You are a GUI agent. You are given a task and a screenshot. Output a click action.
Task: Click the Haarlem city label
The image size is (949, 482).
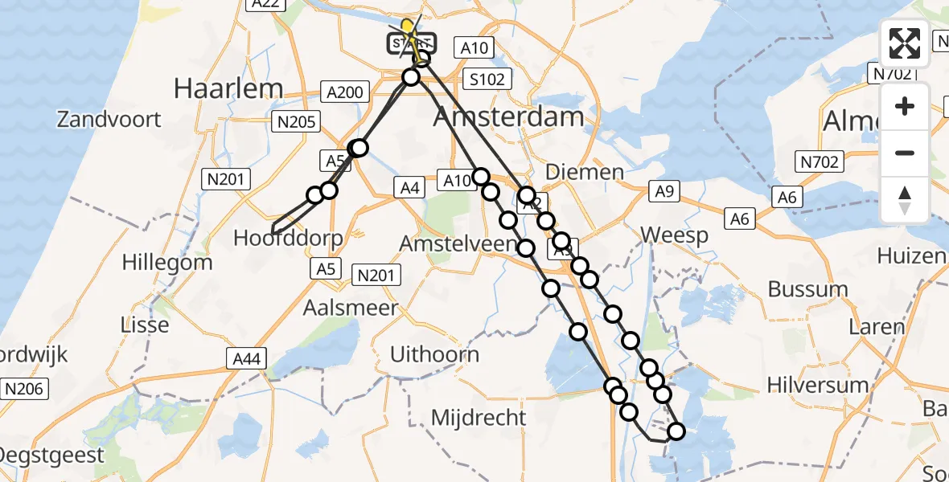pos(229,88)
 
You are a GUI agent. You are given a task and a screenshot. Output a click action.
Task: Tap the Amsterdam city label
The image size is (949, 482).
pos(508,117)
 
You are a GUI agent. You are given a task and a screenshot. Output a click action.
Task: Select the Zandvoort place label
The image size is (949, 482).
pos(109,120)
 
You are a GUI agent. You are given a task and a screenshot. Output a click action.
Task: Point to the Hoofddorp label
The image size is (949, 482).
pos(288,238)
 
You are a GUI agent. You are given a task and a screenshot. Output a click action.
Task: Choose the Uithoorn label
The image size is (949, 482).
pos(434,354)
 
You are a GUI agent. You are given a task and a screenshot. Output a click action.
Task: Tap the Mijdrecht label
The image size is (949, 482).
pos(479,418)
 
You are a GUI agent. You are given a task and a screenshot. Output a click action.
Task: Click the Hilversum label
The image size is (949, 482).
pos(818,385)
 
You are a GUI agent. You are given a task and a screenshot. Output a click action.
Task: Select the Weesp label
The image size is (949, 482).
pos(674,235)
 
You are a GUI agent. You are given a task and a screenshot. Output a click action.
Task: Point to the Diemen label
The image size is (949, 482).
pos(584,172)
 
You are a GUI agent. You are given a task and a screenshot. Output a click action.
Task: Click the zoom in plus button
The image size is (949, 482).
pos(905,106)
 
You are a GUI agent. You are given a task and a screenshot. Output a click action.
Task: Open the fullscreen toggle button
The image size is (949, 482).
pos(905,43)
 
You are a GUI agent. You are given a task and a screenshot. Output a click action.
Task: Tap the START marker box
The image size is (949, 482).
pos(412,43)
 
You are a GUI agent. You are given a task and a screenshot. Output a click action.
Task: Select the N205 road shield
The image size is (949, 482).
pos(297,121)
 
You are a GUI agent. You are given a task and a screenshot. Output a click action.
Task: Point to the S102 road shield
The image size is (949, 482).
pos(488,80)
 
